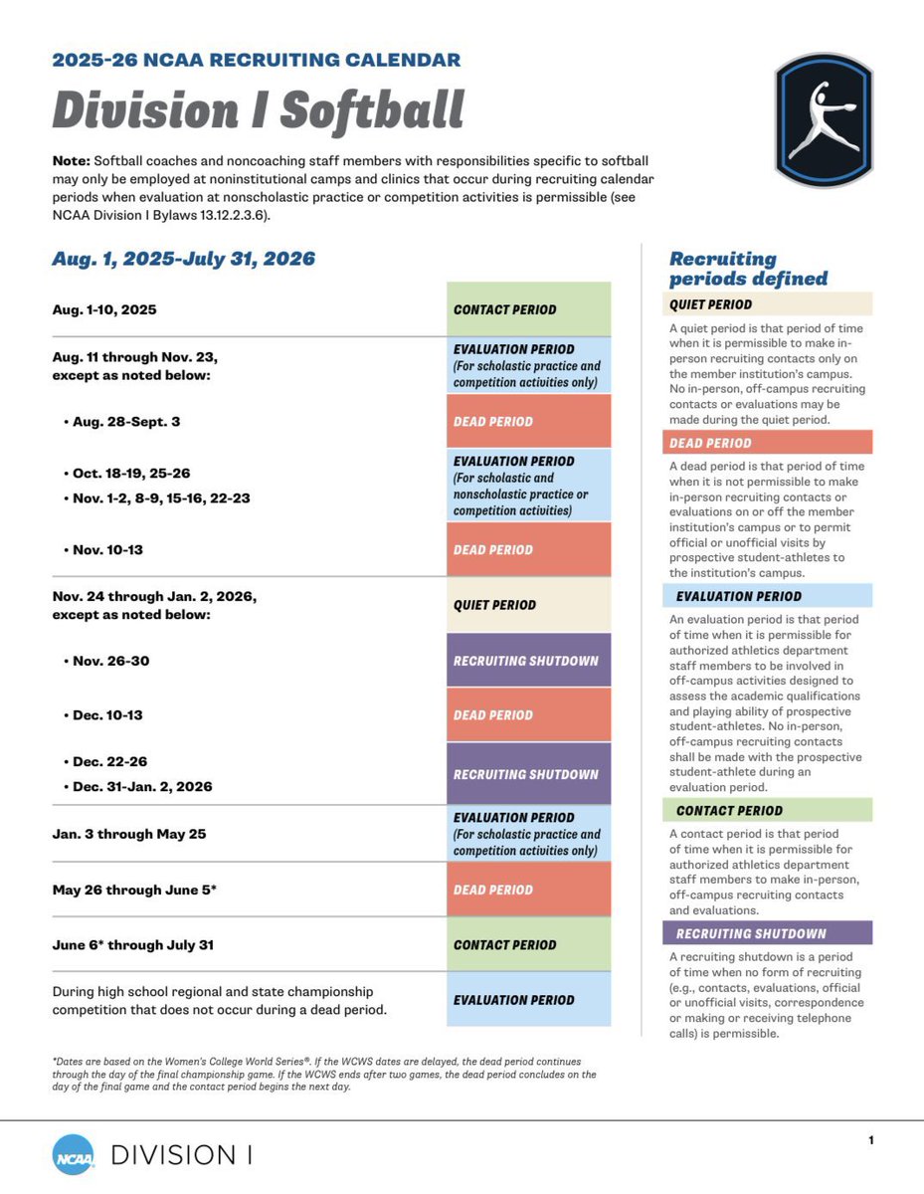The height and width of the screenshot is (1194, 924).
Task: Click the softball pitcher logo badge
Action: pyautogui.click(x=824, y=121)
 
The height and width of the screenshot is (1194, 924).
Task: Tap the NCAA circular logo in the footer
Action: pyautogui.click(x=74, y=1155)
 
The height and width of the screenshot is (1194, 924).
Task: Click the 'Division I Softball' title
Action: pyautogui.click(x=259, y=110)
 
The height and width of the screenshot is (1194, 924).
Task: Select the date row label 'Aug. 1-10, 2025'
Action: pyautogui.click(x=104, y=310)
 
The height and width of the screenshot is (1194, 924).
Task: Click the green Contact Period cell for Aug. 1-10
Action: pyautogui.click(x=528, y=309)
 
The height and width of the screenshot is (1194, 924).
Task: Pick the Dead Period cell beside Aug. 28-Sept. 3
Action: pyautogui.click(x=528, y=421)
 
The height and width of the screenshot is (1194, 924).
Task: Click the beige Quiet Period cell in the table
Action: pyautogui.click(x=528, y=605)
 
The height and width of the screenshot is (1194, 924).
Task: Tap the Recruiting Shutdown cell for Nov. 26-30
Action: pyautogui.click(x=528, y=661)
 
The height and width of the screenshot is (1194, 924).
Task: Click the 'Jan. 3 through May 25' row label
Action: pyautogui.click(x=129, y=834)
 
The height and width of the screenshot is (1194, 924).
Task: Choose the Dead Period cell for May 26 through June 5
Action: pyautogui.click(x=528, y=890)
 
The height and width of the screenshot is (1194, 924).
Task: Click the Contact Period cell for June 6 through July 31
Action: pyautogui.click(x=528, y=945)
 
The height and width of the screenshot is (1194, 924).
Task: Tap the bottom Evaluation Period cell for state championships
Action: pyautogui.click(x=528, y=1000)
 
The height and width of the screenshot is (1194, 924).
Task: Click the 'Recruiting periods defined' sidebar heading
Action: pyautogui.click(x=748, y=269)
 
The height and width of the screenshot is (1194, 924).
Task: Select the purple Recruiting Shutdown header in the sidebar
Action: pyautogui.click(x=767, y=933)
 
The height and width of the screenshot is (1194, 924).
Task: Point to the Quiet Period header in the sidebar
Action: pyautogui.click(x=767, y=304)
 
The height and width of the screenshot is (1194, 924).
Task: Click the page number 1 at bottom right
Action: pyautogui.click(x=870, y=1140)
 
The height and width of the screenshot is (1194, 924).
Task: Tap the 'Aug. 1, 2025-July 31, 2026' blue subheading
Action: pyautogui.click(x=184, y=260)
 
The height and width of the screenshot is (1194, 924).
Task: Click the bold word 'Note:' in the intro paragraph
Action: pyautogui.click(x=71, y=161)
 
